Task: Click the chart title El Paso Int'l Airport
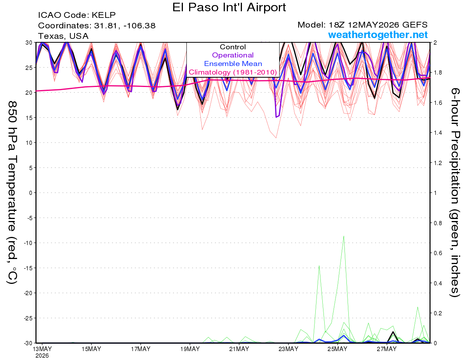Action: tap(229, 7)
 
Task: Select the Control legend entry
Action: tap(233, 47)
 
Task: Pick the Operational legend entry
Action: tap(233, 55)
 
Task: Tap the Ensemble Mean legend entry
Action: tap(233, 64)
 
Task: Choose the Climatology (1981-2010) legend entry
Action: tap(233, 72)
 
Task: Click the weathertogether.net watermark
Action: tap(378, 35)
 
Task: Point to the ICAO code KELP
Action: tap(104, 15)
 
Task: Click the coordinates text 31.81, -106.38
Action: tap(125, 26)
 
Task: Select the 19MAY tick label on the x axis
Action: tap(190, 349)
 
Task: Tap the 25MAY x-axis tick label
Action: tap(337, 349)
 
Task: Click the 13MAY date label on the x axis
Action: tap(42, 349)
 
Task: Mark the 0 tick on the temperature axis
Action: tap(31, 193)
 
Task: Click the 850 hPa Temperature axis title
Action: tap(12, 192)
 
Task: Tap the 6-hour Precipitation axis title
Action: tap(455, 192)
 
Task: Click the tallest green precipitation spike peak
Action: tap(344, 236)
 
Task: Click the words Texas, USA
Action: tap(63, 36)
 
